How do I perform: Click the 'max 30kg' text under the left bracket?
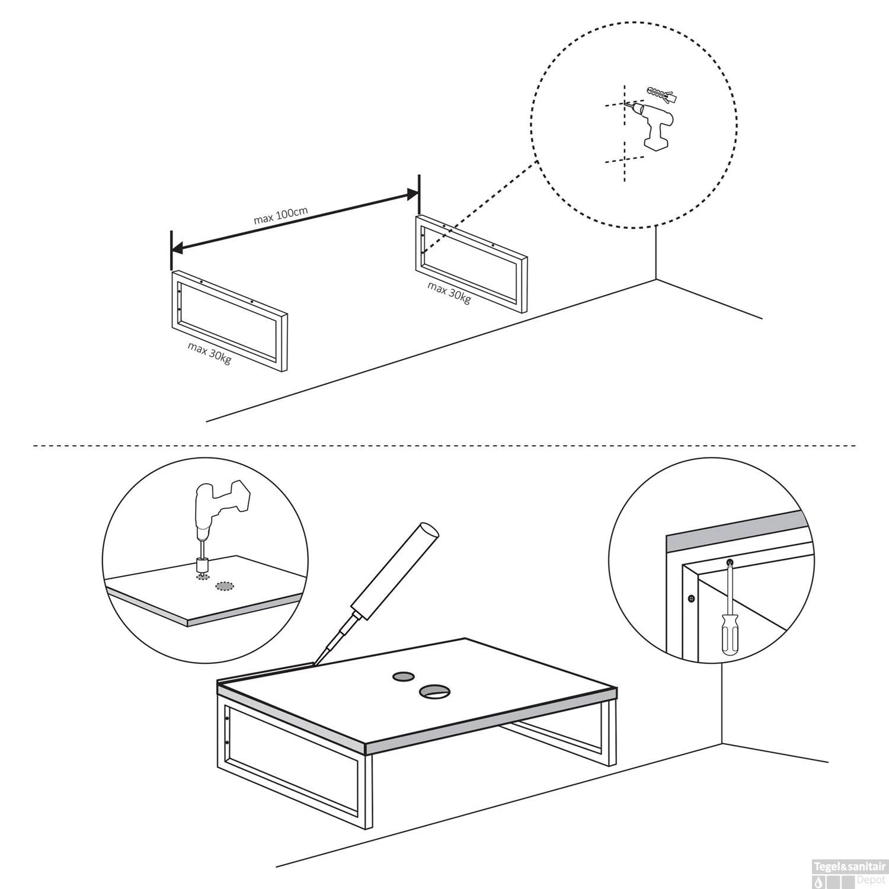pyautogui.click(x=209, y=353)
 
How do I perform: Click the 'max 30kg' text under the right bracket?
pyautogui.click(x=449, y=292)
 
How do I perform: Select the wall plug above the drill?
pyautogui.click(x=661, y=93)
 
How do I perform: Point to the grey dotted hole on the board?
pyautogui.click(x=223, y=586)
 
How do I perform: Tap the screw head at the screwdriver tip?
pyautogui.click(x=730, y=561)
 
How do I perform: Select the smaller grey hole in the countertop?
pyautogui.click(x=404, y=676)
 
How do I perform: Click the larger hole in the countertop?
pyautogui.click(x=433, y=690)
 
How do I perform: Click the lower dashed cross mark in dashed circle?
pyautogui.click(x=624, y=160)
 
